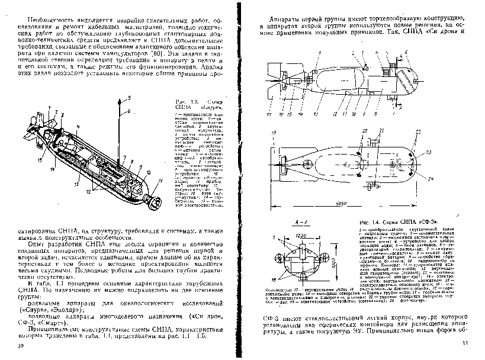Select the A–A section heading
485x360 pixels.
(x=300, y=220)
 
